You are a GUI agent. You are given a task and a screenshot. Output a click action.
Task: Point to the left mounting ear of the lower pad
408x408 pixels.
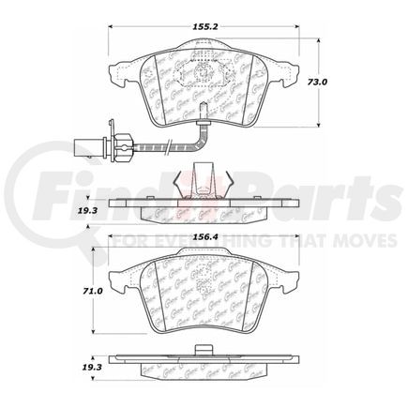click(x=116, y=279)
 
